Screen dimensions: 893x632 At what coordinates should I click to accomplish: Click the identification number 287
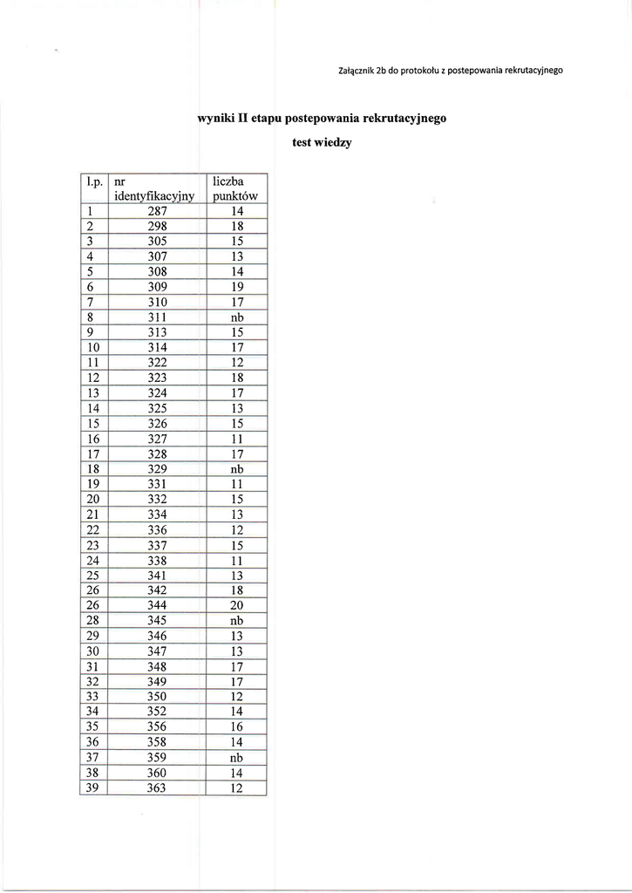157,211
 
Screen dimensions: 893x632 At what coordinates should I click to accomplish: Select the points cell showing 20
235,606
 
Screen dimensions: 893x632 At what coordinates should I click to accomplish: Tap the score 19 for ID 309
235,287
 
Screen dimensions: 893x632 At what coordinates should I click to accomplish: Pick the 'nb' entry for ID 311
235,317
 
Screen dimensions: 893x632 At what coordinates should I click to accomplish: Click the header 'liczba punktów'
235,188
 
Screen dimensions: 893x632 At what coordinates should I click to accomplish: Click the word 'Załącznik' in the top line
355,70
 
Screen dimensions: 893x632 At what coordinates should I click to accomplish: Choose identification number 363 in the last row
157,788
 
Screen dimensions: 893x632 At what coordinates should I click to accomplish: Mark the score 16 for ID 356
235,727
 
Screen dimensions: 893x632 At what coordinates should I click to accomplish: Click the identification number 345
157,621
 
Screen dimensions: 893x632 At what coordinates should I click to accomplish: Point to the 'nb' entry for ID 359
235,758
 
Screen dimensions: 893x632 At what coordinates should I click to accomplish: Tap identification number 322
157,363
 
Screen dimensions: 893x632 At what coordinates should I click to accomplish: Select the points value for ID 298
235,227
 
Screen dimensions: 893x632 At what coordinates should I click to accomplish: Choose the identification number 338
157,561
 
